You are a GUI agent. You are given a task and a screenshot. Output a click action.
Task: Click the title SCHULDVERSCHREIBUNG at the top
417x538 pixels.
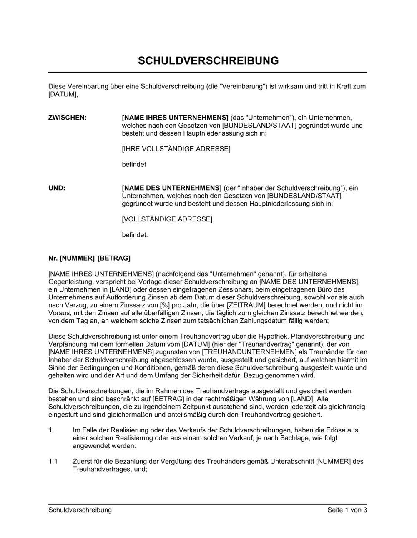(x=208, y=61)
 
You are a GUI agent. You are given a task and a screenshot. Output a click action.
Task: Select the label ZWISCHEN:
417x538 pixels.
(x=68, y=118)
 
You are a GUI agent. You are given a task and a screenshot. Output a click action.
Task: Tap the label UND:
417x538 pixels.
(x=57, y=188)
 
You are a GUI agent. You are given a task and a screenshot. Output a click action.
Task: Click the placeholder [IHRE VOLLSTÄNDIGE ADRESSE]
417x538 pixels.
(x=176, y=149)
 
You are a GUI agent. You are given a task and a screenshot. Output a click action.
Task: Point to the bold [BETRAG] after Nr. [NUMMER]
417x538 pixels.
(x=114, y=259)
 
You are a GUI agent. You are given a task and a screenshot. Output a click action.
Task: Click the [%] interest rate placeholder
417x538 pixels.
(x=164, y=305)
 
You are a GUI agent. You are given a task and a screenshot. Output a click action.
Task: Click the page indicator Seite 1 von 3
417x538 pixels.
(x=347, y=510)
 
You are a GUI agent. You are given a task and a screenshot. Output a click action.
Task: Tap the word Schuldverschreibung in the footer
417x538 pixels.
(x=80, y=510)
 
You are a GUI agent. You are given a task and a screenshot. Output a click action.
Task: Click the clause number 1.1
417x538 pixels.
(x=53, y=462)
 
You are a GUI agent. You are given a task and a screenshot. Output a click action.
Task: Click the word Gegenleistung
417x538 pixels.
(x=69, y=282)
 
